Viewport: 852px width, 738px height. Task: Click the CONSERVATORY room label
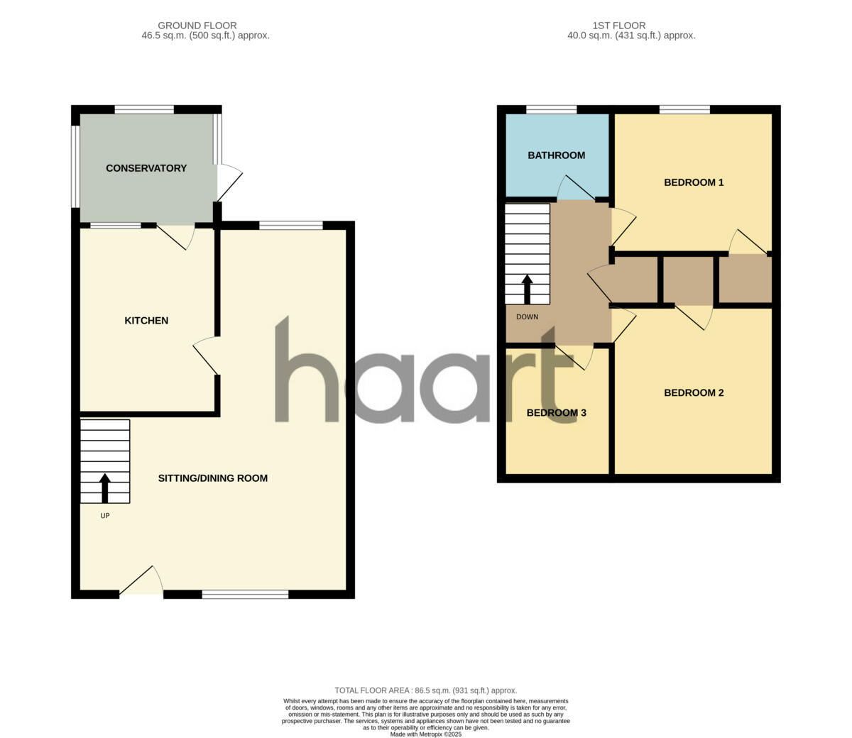coord(146,168)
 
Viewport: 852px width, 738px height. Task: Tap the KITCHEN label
coord(146,321)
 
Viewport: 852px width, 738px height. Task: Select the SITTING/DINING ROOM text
coord(213,478)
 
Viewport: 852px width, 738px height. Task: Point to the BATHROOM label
coord(557,155)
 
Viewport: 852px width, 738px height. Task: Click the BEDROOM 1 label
coord(694,182)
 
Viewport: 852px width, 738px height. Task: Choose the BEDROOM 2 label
coord(694,393)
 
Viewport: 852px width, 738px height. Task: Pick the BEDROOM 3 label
coord(557,413)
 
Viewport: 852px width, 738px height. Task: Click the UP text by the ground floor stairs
coord(105,516)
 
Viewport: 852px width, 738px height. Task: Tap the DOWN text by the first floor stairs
coord(528,317)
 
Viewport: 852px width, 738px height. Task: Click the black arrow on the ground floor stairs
coord(105,488)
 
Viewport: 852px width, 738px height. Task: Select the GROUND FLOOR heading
coord(197,26)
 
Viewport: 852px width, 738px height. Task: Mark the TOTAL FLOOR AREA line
coord(426,690)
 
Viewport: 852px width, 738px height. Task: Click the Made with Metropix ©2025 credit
coord(426,734)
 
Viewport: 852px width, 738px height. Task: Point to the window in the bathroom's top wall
coord(552,109)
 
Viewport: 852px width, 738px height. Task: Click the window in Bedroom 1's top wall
coord(684,109)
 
